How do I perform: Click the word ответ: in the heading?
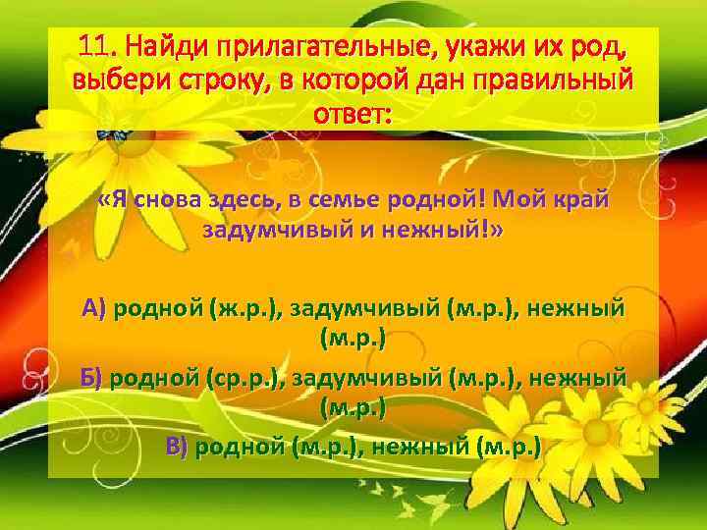pos(353,113)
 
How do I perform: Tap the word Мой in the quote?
pos(525,201)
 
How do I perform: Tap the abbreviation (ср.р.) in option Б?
pos(250,379)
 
